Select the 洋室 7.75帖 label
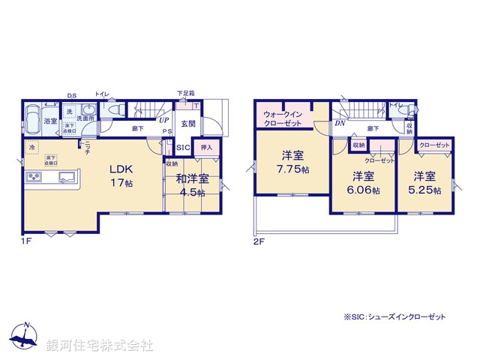click(292, 162)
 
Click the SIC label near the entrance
click(183, 147)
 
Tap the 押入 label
click(207, 147)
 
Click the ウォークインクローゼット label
click(283, 118)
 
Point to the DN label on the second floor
click(340, 123)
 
